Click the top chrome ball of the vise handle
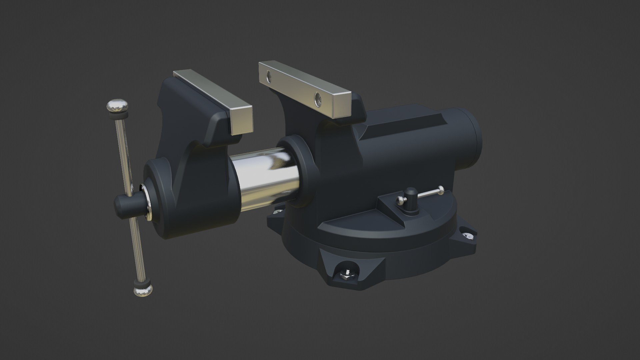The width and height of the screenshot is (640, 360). coord(118,106)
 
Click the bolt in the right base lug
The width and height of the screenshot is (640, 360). coord(469,236)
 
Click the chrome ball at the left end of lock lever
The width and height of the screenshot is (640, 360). coord(400,200)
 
